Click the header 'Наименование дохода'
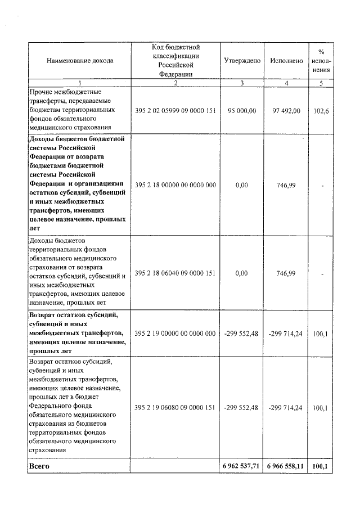click(79, 60)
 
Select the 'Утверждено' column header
click(242, 60)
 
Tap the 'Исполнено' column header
click(286, 60)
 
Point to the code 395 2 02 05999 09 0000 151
click(175, 111)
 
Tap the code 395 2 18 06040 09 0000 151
click(175, 273)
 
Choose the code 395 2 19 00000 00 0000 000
click(175, 334)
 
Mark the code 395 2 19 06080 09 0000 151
click(175, 407)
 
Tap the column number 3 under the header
click(242, 83)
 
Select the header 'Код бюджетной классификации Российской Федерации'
click(175, 60)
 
